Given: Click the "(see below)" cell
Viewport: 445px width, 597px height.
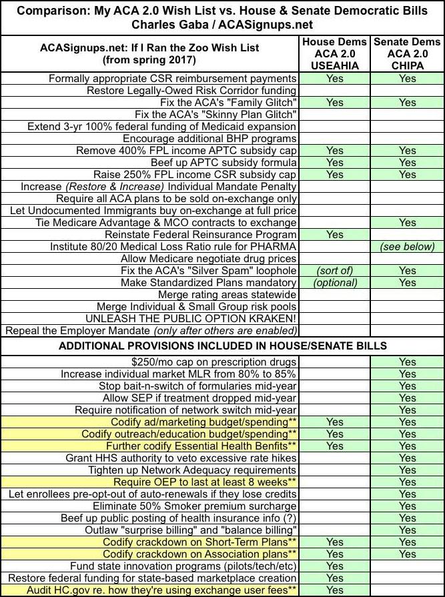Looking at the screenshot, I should [x=406, y=247].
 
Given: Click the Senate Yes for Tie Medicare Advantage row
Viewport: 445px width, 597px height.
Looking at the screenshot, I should [x=406, y=222].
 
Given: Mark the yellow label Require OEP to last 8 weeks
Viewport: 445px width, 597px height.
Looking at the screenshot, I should [x=205, y=482].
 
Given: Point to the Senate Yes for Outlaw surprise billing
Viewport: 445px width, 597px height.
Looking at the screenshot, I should [x=406, y=530].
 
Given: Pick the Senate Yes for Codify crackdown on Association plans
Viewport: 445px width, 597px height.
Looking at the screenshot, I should [x=406, y=554].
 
